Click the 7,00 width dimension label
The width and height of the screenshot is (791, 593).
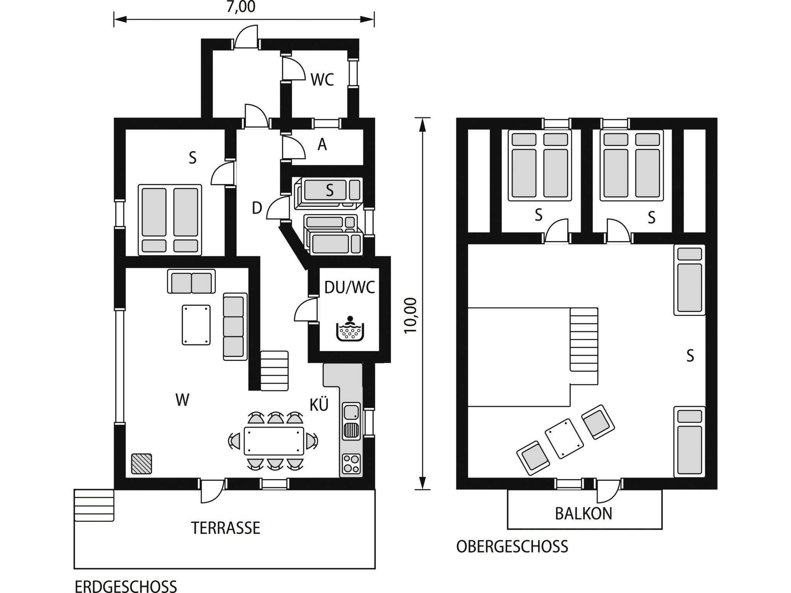[241, 7]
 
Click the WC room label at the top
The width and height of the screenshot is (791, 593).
[322, 80]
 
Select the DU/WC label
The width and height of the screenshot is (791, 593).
[350, 288]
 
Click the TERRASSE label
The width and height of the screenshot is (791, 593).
[226, 528]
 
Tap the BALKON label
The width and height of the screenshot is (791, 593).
[584, 514]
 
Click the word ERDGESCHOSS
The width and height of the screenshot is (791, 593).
[126, 586]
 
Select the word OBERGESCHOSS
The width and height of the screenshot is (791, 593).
[512, 547]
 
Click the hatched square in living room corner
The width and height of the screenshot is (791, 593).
[141, 464]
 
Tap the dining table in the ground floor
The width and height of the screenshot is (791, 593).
[273, 441]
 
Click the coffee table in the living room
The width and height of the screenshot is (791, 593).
[196, 325]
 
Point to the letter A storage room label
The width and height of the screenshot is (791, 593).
[322, 145]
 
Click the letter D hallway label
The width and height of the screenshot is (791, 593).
[257, 208]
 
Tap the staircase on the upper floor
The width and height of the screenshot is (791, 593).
[584, 340]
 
